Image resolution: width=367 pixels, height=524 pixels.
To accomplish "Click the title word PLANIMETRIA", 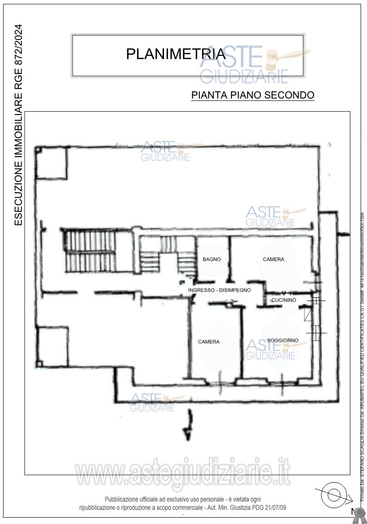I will pos(175,54).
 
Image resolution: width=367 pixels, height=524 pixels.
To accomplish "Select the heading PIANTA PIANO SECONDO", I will pos(253,95).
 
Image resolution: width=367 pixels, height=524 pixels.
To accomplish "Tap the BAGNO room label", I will pos(212,260).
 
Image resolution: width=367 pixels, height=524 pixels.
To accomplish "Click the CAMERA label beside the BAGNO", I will pos(273,260).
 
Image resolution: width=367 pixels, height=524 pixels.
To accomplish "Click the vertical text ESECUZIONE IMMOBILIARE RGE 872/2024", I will pos(18,125).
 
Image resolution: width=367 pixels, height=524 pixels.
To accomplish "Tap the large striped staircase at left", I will pos(87,249).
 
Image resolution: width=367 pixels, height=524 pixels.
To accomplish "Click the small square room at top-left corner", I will pos(52,163).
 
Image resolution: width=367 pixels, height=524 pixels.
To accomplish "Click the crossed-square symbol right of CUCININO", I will pos(316,300).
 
